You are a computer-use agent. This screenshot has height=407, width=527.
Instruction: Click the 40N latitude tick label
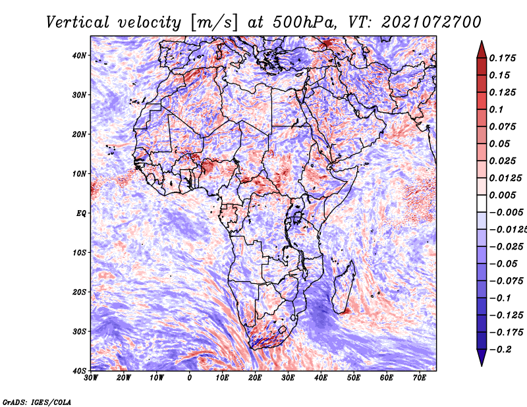point(78,55)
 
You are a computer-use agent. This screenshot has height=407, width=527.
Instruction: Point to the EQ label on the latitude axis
point(81,213)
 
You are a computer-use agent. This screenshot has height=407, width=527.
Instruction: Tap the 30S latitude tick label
point(78,332)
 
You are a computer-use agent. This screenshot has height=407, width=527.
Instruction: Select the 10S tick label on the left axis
point(78,253)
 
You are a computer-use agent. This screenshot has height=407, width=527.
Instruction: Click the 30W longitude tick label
point(91,378)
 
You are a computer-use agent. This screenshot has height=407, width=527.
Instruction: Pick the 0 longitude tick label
point(190,378)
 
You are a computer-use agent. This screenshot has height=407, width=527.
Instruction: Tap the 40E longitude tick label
point(321,378)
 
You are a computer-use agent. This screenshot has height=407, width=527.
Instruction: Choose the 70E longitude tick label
point(420,378)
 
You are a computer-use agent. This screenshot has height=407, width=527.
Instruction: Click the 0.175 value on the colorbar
point(502,58)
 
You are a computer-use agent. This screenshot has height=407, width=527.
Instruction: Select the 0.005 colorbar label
point(502,195)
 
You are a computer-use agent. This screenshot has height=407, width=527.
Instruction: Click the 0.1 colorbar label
point(497,109)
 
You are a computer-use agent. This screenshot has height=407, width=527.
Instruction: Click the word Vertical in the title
point(78,22)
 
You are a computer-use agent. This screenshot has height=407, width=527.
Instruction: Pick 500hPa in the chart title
point(304,22)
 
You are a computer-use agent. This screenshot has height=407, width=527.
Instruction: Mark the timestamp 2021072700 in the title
point(431,22)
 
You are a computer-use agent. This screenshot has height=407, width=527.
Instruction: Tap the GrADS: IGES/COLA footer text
point(37,402)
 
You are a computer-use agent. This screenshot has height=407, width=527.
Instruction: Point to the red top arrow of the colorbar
point(482,49)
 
